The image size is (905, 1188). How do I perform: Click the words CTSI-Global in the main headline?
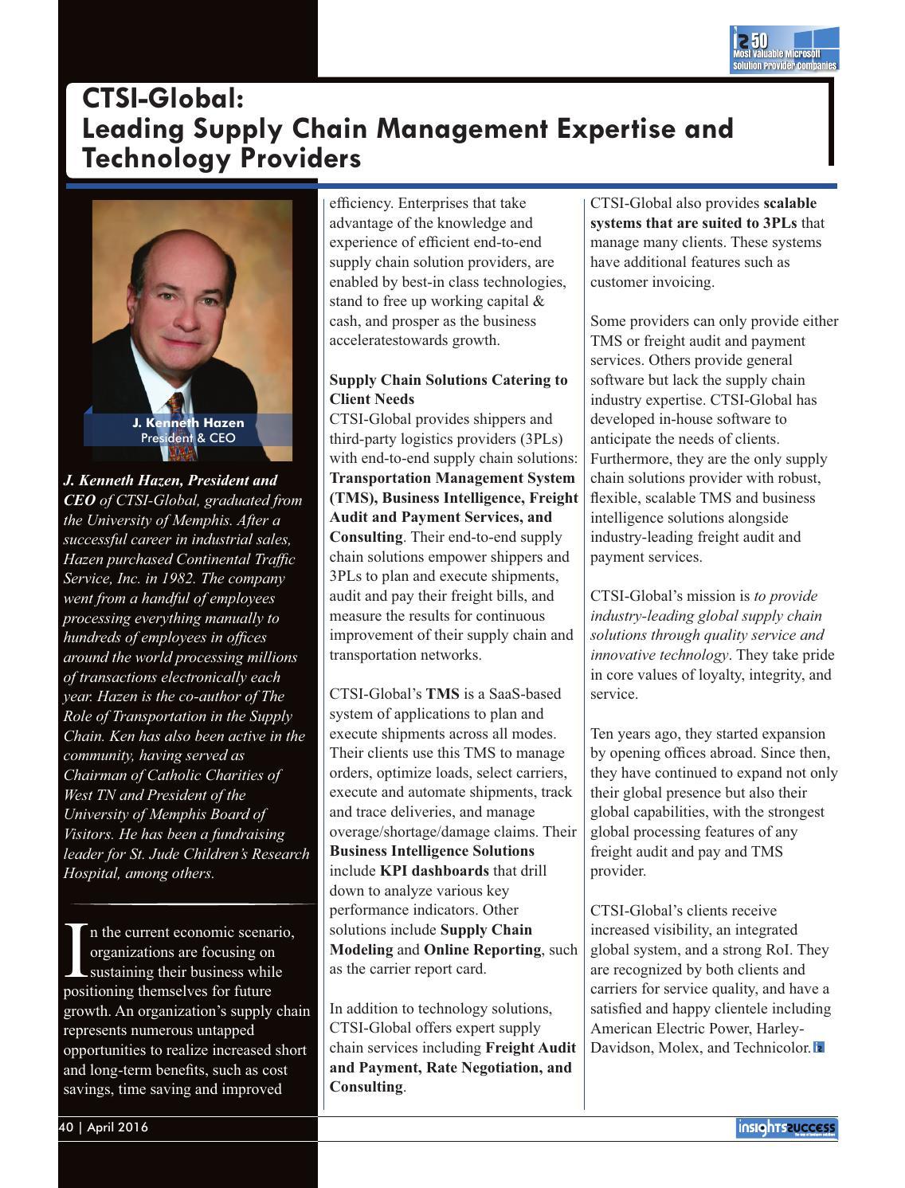tap(162, 99)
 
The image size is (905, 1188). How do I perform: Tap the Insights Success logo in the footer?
tap(786, 1128)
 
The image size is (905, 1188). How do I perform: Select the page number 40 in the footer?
tap(66, 1127)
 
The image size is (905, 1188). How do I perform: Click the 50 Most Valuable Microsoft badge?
tap(785, 50)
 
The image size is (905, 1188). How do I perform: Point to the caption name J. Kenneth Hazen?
tap(188, 423)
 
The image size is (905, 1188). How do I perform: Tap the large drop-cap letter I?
tap(75, 950)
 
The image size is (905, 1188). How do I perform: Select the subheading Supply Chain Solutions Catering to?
tap(449, 380)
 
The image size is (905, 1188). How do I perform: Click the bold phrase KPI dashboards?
tap(434, 871)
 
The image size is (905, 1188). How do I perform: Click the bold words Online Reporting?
tap(482, 950)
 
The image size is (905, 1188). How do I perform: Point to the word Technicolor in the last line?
tap(773, 1048)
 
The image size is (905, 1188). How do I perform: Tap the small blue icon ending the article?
tap(818, 1048)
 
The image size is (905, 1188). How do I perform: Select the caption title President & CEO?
tap(188, 438)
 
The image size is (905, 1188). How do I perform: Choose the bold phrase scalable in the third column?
tap(789, 203)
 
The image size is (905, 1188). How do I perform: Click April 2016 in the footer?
tap(117, 1127)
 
